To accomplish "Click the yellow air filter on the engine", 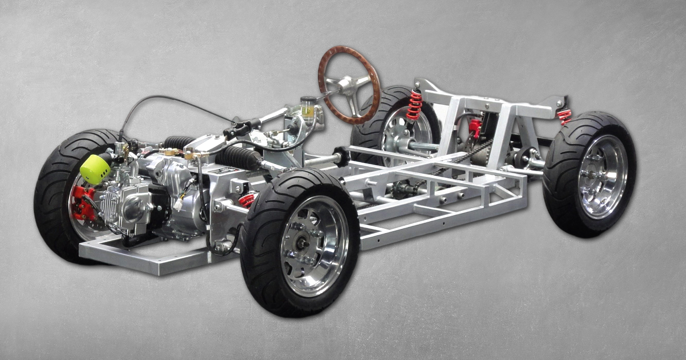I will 95,168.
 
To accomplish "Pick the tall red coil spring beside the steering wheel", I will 414,106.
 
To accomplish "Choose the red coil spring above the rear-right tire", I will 565,117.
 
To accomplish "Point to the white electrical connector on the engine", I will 179,203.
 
